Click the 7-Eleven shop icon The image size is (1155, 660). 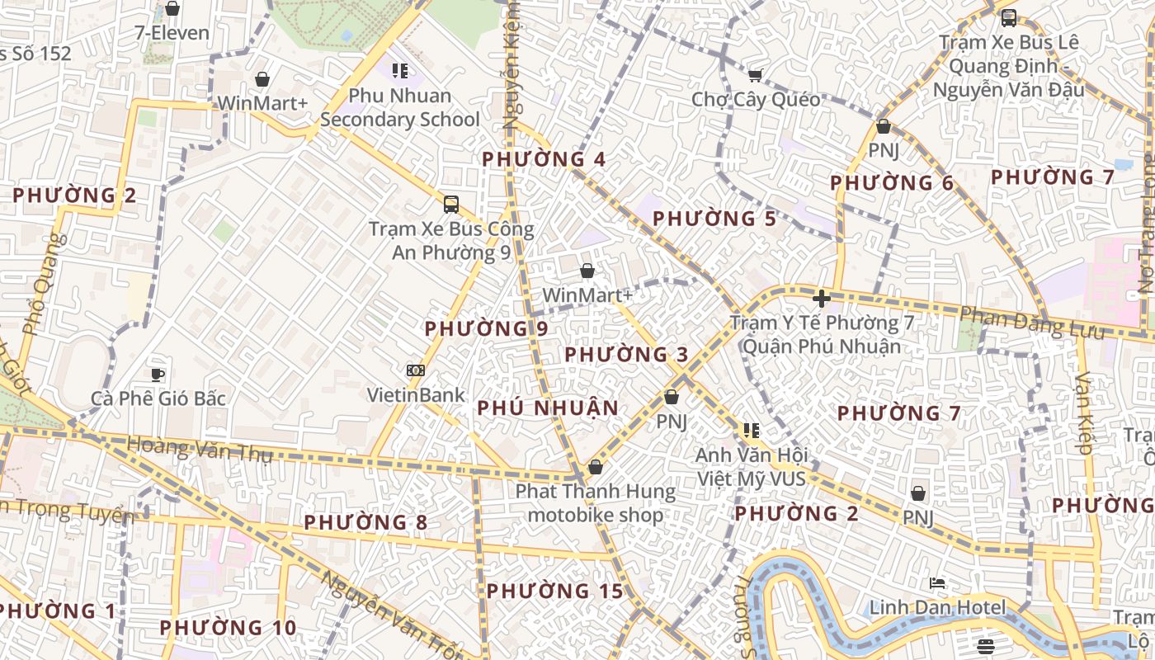(172, 8)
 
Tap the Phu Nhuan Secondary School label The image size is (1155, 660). (400, 107)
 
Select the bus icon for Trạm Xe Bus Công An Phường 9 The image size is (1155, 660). (451, 204)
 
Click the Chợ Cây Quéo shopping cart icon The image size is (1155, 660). (754, 76)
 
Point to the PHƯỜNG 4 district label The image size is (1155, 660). (544, 159)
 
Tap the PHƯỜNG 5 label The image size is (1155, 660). (714, 219)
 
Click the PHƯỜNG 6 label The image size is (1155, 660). (892, 183)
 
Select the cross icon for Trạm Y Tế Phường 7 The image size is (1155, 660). (822, 299)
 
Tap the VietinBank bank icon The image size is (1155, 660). (416, 371)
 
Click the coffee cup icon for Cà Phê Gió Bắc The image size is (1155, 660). (158, 375)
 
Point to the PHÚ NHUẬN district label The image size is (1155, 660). (548, 408)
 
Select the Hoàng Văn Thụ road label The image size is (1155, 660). (198, 450)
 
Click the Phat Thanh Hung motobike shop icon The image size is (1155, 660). (596, 468)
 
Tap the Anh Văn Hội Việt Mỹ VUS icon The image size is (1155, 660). (751, 431)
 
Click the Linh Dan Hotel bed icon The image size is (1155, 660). (937, 583)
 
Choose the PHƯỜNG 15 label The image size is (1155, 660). (554, 591)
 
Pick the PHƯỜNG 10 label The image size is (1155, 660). (228, 628)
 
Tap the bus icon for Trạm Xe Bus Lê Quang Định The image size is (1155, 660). (1008, 18)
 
